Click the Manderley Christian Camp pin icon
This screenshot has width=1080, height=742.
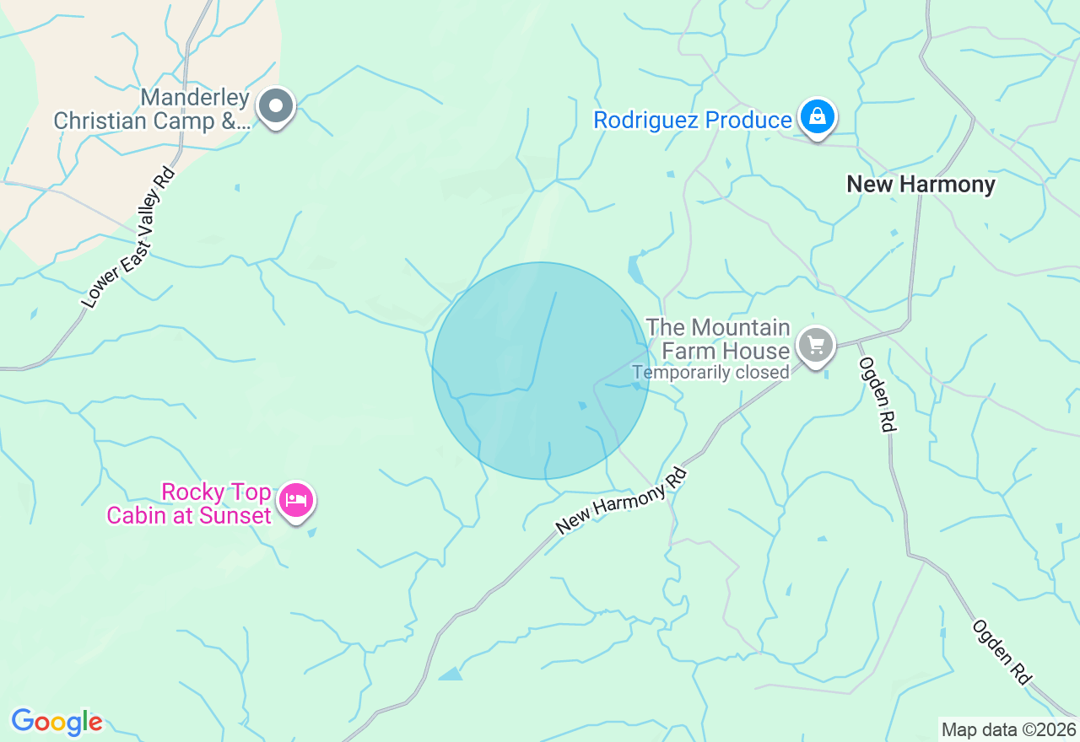[x=276, y=107]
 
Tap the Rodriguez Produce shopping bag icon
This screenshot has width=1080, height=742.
[x=817, y=118]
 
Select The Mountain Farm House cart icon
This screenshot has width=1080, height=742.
[x=816, y=346]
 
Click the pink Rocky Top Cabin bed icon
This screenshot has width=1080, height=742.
[x=296, y=501]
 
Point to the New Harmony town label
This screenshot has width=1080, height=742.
[x=921, y=184]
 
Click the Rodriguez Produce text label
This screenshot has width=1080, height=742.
[x=692, y=121]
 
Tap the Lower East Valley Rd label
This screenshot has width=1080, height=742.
[x=129, y=237]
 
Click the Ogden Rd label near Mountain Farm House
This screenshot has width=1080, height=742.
[x=876, y=394]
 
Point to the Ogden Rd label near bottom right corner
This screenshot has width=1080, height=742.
[x=1002, y=653]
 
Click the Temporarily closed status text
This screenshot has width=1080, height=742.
[x=710, y=372]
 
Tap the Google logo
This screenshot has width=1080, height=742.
[x=57, y=722]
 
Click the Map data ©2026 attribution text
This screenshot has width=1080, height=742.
[x=1008, y=729]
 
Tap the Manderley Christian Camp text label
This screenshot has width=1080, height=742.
[x=152, y=110]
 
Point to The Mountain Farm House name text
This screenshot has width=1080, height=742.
[x=717, y=337]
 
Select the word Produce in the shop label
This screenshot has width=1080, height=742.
[x=748, y=121]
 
